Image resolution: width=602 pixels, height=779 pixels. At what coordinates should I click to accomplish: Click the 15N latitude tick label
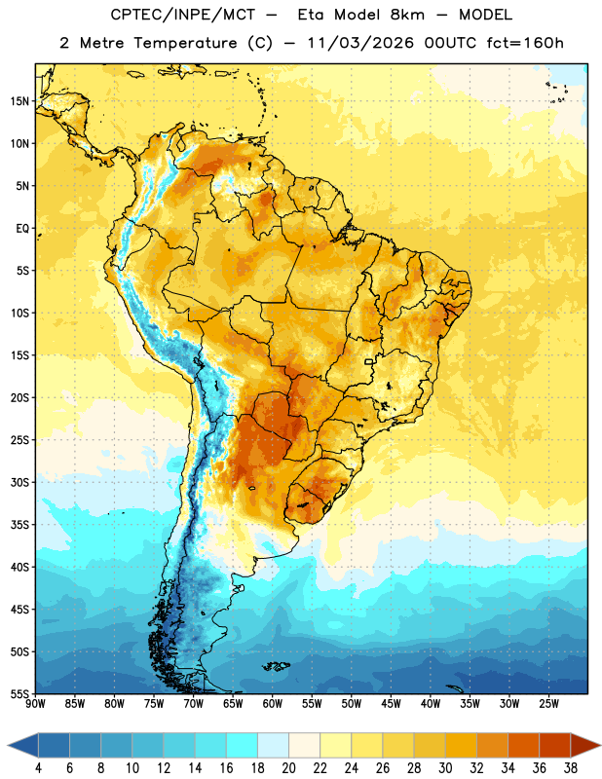point(19,101)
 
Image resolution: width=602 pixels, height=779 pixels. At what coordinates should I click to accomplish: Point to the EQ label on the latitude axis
point(22,229)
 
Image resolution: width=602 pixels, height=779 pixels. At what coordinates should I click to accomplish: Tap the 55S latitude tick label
point(19,693)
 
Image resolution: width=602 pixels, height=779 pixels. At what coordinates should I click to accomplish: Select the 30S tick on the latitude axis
point(19,482)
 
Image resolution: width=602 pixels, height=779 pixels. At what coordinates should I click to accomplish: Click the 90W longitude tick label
point(36,704)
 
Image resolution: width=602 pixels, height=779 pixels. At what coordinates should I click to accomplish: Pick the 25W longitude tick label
point(548,704)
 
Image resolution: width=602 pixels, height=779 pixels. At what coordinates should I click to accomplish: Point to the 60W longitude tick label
point(273,704)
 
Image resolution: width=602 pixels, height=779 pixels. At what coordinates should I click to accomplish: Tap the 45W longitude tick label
point(391,704)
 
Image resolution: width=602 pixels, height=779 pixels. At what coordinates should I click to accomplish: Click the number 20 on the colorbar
point(288,768)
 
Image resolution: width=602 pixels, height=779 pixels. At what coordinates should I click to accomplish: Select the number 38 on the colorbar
point(571,768)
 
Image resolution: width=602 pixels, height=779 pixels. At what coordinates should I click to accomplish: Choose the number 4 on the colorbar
point(38,768)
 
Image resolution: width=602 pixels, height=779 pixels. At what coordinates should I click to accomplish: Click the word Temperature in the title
point(185,43)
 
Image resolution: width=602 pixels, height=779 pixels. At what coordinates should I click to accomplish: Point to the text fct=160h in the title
point(525,43)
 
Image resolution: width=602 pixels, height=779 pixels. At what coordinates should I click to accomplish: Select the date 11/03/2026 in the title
point(360,43)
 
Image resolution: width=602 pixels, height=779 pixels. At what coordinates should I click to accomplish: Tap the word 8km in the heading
point(407,15)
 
